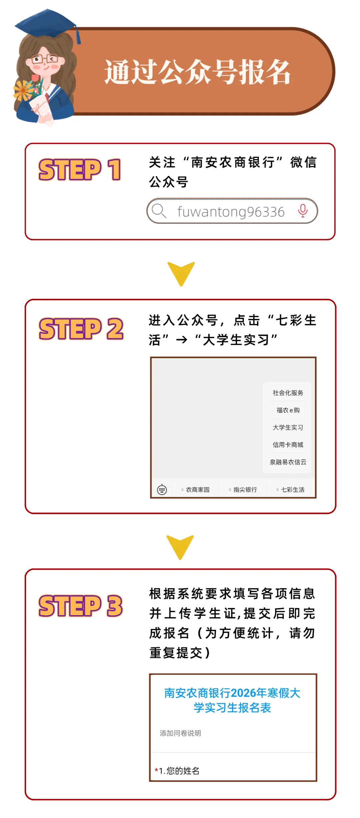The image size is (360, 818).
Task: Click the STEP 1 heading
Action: pyautogui.click(x=80, y=170)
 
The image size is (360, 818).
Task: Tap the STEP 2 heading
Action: pyautogui.click(x=81, y=329)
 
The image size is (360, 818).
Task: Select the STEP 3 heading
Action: pyautogui.click(x=81, y=606)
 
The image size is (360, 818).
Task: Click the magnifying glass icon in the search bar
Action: pyautogui.click(x=159, y=211)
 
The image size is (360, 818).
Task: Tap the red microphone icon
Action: pyautogui.click(x=303, y=211)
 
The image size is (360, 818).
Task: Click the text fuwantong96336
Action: pyautogui.click(x=231, y=212)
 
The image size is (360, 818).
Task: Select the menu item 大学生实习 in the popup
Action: pyautogui.click(x=288, y=427)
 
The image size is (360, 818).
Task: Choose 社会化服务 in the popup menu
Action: pyautogui.click(x=288, y=393)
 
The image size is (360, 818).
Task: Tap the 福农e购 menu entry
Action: pyautogui.click(x=288, y=410)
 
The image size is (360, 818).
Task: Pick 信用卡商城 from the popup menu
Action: pyautogui.click(x=288, y=445)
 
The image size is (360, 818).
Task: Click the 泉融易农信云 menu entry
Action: pyautogui.click(x=288, y=462)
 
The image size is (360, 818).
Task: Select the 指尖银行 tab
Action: pyautogui.click(x=245, y=489)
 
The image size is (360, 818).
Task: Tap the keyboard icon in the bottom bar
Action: pyautogui.click(x=162, y=489)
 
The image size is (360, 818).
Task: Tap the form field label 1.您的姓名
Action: pyautogui.click(x=179, y=771)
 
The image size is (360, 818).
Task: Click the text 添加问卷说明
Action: pyautogui.click(x=180, y=733)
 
